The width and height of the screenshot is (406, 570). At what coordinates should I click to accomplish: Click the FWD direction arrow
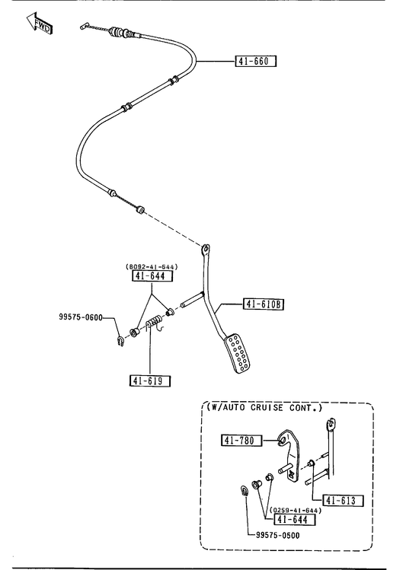pyautogui.click(x=40, y=24)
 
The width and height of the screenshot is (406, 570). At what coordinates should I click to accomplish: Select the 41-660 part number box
pyautogui.click(x=256, y=61)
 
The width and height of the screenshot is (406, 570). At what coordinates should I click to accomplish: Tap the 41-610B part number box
pyautogui.click(x=264, y=304)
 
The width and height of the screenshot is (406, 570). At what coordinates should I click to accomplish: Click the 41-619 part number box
pyautogui.click(x=150, y=381)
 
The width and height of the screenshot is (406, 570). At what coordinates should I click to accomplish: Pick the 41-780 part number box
pyautogui.click(x=242, y=440)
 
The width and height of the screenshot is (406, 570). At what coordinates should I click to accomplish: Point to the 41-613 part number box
pyautogui.click(x=343, y=501)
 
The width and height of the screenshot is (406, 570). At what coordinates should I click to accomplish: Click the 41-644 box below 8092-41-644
pyautogui.click(x=152, y=276)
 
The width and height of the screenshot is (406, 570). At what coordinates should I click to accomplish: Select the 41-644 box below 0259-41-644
pyautogui.click(x=295, y=520)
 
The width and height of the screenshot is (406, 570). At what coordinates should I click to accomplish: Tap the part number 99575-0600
pyautogui.click(x=81, y=317)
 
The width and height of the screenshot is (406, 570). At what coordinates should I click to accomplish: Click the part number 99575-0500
pyautogui.click(x=277, y=536)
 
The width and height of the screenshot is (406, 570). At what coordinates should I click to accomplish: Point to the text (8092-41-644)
pyautogui.click(x=152, y=267)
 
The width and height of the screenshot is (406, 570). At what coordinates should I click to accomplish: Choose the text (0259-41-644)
pyautogui.click(x=296, y=511)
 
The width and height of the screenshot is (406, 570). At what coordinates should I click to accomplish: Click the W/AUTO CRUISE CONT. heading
pyautogui.click(x=265, y=407)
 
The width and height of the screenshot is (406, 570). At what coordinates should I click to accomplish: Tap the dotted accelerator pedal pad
pyautogui.click(x=237, y=354)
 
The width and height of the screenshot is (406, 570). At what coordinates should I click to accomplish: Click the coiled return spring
pyautogui.click(x=155, y=322)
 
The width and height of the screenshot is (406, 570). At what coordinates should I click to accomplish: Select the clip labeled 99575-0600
pyautogui.click(x=120, y=342)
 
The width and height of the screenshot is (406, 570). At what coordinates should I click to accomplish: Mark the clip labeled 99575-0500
pyautogui.click(x=245, y=489)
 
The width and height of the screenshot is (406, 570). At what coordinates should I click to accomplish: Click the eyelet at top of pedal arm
pyautogui.click(x=206, y=250)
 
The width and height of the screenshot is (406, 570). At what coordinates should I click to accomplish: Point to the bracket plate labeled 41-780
pyautogui.click(x=290, y=456)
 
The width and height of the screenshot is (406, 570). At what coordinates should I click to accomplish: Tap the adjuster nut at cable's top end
pyautogui.click(x=117, y=32)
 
